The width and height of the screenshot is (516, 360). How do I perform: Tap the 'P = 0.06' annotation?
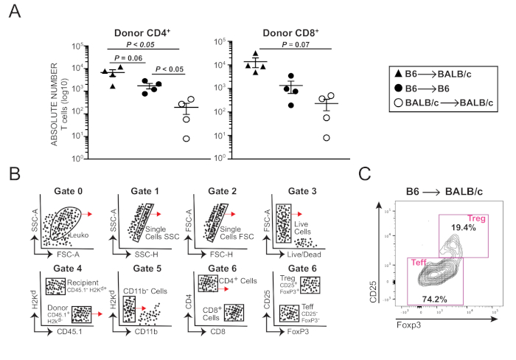[x=126, y=58]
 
